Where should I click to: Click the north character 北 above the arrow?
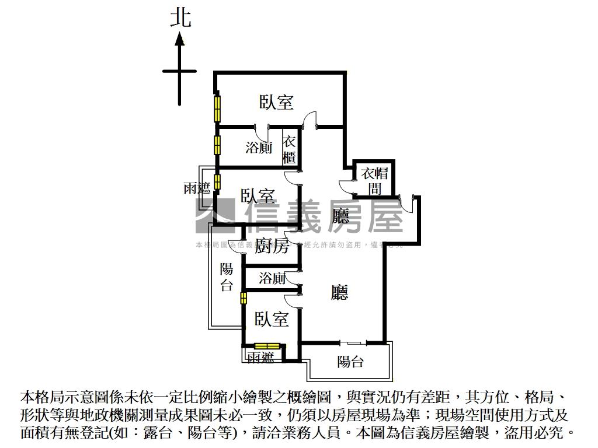(x=180, y=17)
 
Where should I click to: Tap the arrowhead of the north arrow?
(x=180, y=40)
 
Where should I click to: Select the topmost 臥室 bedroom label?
(x=276, y=103)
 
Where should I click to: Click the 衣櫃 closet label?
(x=290, y=149)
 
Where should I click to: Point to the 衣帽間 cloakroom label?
(x=374, y=180)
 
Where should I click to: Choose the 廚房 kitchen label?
(x=272, y=246)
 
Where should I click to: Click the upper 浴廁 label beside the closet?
(x=259, y=148)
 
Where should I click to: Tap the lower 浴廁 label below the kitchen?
(x=272, y=278)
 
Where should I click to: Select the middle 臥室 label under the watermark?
(x=258, y=196)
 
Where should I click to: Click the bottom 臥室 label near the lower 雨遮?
(x=272, y=319)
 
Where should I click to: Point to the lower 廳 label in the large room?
(x=339, y=292)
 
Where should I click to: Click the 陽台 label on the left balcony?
(x=227, y=277)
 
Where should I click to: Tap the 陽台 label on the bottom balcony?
(x=350, y=362)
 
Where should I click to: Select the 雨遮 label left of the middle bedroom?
(x=197, y=188)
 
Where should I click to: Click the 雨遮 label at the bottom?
(x=260, y=358)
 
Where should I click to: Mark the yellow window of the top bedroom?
(x=217, y=108)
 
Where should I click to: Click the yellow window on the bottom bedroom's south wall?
(x=268, y=346)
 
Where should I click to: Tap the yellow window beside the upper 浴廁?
(x=217, y=144)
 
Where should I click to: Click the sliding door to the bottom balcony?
(x=353, y=342)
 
